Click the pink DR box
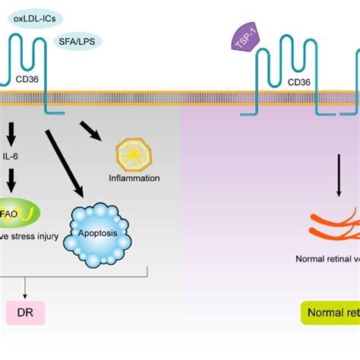[25, 311]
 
